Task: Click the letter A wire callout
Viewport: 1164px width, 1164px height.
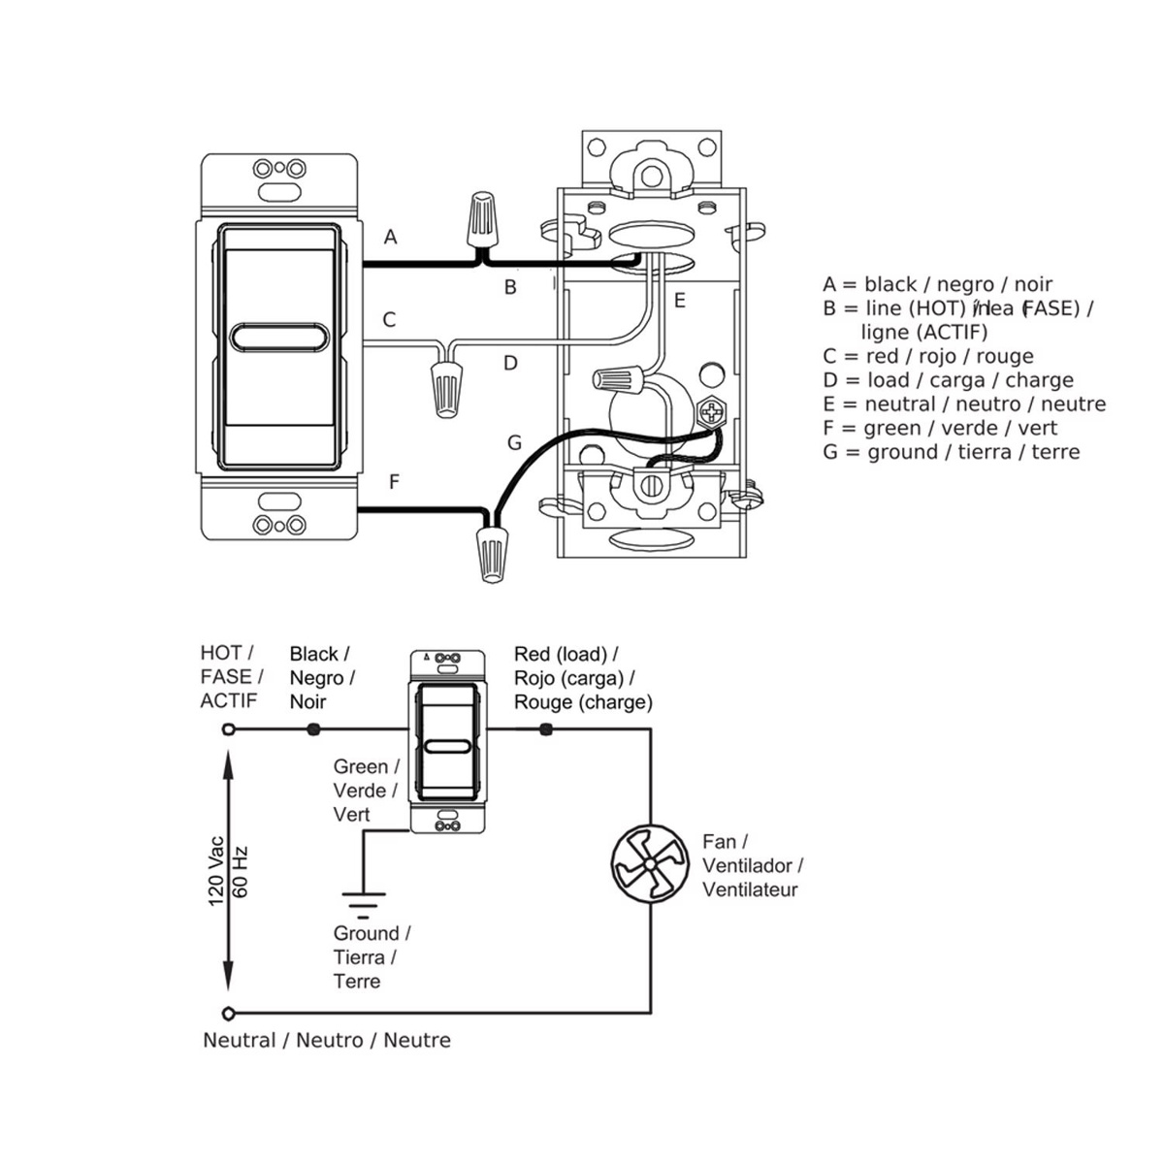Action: point(390,238)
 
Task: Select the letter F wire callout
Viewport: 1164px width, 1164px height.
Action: point(394,481)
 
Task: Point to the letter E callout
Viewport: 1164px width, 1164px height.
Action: point(680,301)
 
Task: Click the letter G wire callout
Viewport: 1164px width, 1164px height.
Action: point(514,443)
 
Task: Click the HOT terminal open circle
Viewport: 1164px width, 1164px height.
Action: point(228,729)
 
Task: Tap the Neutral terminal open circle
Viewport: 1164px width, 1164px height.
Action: point(228,1014)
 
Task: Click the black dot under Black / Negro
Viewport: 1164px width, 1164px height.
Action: point(313,729)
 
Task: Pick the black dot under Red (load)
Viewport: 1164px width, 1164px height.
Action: point(546,729)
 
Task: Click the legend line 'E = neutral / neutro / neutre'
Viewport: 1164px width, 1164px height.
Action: point(964,404)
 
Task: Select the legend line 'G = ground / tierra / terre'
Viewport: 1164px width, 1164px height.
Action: point(951,452)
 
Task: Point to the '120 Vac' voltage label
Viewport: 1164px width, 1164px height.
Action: point(217,870)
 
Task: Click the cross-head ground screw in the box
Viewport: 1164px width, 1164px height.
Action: point(713,412)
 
